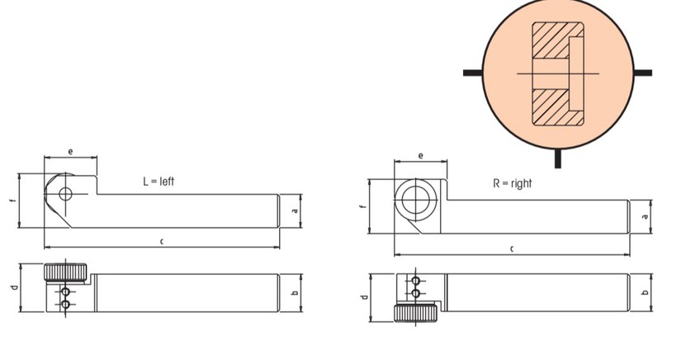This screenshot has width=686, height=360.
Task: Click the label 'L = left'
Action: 158,181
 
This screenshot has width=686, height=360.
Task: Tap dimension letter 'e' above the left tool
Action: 70,152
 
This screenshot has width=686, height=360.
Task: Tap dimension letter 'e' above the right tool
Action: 420,156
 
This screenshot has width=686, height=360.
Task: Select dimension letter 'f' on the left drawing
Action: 13,201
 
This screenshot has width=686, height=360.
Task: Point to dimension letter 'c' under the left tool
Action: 162,241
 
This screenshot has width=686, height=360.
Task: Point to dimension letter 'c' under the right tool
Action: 512,249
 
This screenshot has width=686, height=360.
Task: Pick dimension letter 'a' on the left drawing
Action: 295,211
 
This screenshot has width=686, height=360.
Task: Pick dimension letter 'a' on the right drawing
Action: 645,216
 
